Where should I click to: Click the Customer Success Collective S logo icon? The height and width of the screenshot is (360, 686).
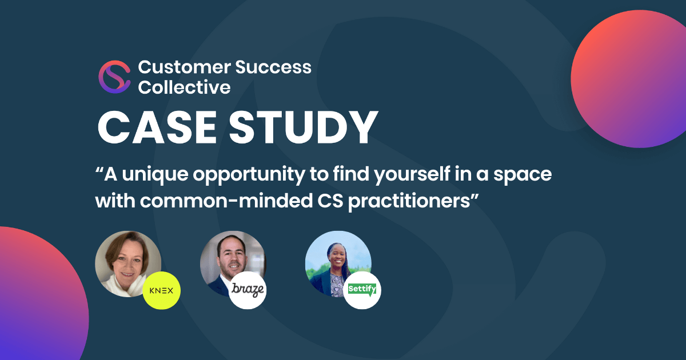(114, 77)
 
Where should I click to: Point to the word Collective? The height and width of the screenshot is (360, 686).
(184, 87)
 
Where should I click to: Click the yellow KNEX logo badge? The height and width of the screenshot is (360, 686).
(162, 290)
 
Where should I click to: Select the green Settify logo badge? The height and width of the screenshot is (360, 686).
(362, 290)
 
